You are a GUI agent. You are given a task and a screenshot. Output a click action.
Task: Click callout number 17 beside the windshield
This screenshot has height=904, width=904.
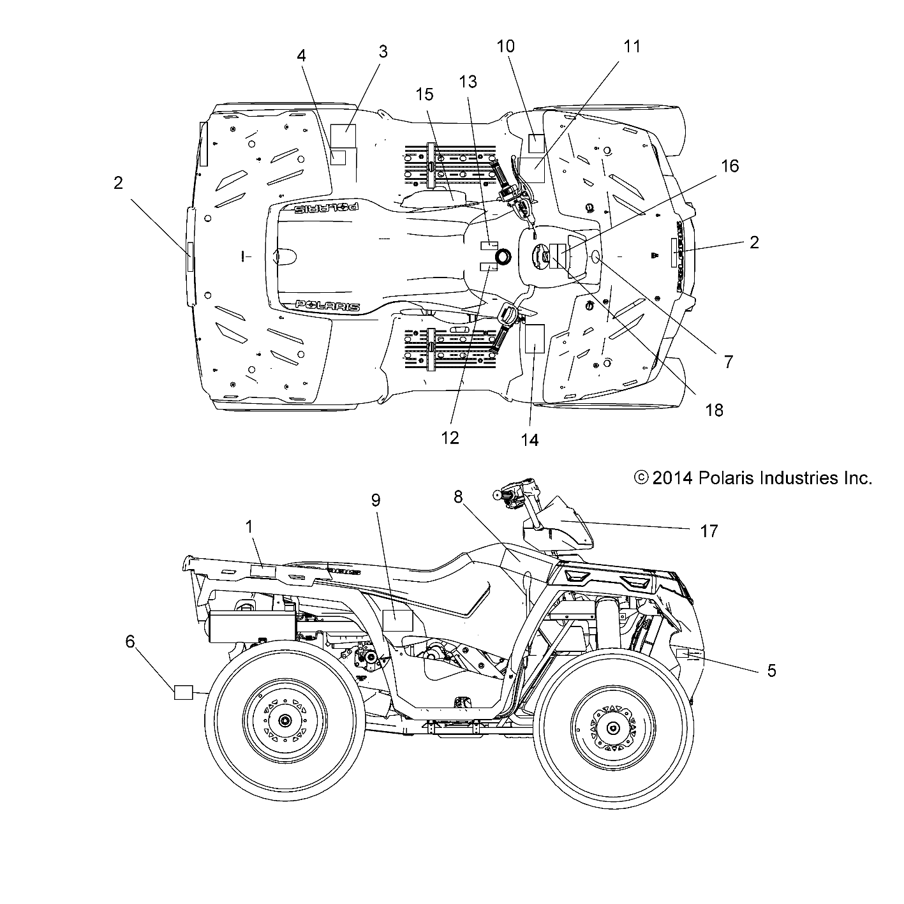click(x=709, y=531)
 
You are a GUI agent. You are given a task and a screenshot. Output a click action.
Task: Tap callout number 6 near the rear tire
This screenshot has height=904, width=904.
click(x=130, y=641)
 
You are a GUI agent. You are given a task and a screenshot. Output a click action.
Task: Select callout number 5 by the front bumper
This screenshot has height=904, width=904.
click(x=771, y=671)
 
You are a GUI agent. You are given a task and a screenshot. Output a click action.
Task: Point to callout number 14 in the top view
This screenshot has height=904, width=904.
click(x=530, y=440)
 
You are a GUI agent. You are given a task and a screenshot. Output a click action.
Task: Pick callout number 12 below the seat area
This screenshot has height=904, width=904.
click(x=450, y=437)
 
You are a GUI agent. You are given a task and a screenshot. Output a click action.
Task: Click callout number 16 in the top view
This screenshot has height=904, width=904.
click(x=729, y=166)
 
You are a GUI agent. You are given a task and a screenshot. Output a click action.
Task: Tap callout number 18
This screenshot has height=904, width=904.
click(x=715, y=410)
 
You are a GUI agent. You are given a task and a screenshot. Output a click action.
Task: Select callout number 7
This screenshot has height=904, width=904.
click(x=728, y=362)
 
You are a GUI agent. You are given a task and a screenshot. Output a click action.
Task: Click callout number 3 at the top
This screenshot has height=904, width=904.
click(x=383, y=52)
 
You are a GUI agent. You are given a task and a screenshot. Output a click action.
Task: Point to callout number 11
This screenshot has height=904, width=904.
click(x=632, y=47)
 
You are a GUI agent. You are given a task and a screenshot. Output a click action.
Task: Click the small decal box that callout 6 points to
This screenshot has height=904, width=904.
click(x=184, y=692)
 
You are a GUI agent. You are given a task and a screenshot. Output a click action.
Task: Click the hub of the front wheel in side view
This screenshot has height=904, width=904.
click(x=612, y=728)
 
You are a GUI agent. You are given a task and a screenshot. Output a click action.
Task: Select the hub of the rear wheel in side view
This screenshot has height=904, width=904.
click(x=283, y=721)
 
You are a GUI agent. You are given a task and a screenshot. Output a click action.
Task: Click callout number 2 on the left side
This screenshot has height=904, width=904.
click(x=118, y=183)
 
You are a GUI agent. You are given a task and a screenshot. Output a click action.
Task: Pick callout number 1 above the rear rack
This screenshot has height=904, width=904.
click(x=249, y=526)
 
